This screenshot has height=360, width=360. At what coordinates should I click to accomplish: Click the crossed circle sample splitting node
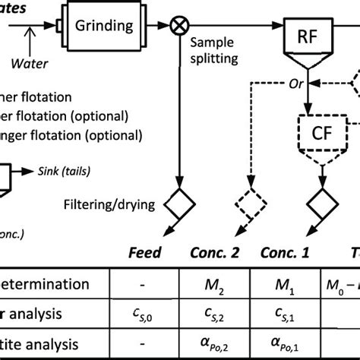179,24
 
